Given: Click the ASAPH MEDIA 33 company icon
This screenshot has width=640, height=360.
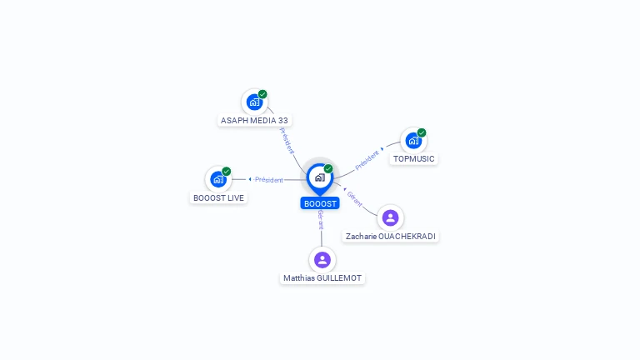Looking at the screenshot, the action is tap(254, 102).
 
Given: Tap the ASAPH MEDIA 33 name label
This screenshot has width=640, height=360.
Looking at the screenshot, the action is tap(254, 120).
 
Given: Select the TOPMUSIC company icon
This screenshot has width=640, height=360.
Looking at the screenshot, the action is tap(413, 141).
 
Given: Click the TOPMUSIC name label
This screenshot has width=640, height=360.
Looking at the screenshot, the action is tap(413, 159).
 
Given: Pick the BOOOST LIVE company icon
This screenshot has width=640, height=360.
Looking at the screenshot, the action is tap(218, 179).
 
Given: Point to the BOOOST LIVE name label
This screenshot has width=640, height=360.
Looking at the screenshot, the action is tap(218, 198).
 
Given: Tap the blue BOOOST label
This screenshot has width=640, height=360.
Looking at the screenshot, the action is tap(320, 203).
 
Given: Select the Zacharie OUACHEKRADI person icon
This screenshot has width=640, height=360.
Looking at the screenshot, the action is tap(390, 218).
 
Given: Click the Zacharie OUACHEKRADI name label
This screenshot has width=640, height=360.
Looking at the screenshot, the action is tap(390, 237).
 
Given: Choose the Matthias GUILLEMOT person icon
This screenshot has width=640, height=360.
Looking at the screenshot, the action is tap(322, 260).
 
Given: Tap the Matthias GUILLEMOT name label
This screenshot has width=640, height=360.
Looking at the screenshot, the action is tap(322, 278).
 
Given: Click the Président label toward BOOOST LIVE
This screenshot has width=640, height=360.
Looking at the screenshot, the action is tap(268, 180).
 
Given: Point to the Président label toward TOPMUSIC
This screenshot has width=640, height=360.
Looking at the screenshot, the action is tap(367, 160).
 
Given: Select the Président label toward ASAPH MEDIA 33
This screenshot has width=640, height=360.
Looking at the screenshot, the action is tap(287, 140).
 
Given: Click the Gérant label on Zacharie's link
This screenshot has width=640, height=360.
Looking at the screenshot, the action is tap(354, 199).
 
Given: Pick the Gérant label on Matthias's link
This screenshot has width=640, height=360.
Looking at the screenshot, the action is tap(321, 220).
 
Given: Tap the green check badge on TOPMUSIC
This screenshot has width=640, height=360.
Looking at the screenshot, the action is tap(422, 132).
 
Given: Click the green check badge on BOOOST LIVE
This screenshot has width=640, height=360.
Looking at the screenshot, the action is tap(226, 172).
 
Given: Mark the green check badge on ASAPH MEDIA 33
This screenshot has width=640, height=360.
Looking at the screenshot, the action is tap(262, 94).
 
